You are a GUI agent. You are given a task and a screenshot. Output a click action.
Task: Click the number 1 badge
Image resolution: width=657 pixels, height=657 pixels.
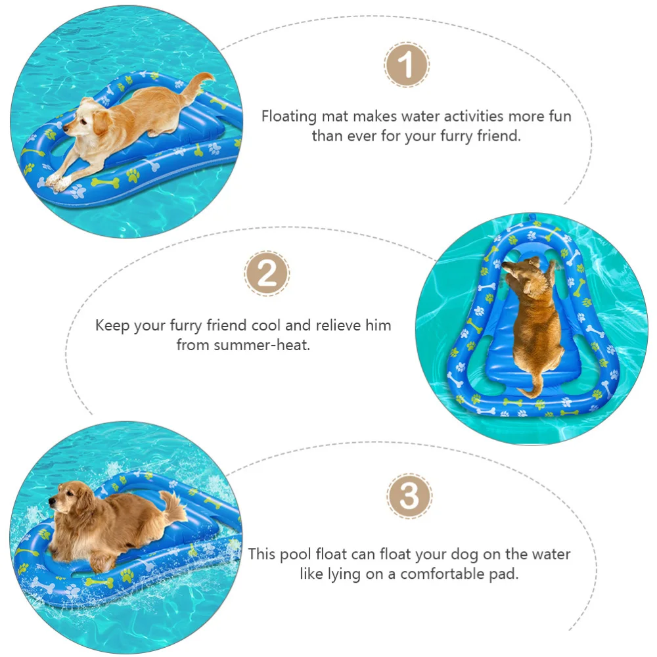click(x=407, y=65)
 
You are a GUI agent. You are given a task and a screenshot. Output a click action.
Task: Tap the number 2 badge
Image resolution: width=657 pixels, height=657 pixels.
click(x=267, y=274)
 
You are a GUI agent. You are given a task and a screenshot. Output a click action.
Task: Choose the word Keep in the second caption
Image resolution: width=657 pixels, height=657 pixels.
click(x=112, y=325)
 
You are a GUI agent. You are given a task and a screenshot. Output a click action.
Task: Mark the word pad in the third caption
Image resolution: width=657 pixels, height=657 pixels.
click(x=505, y=574)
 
